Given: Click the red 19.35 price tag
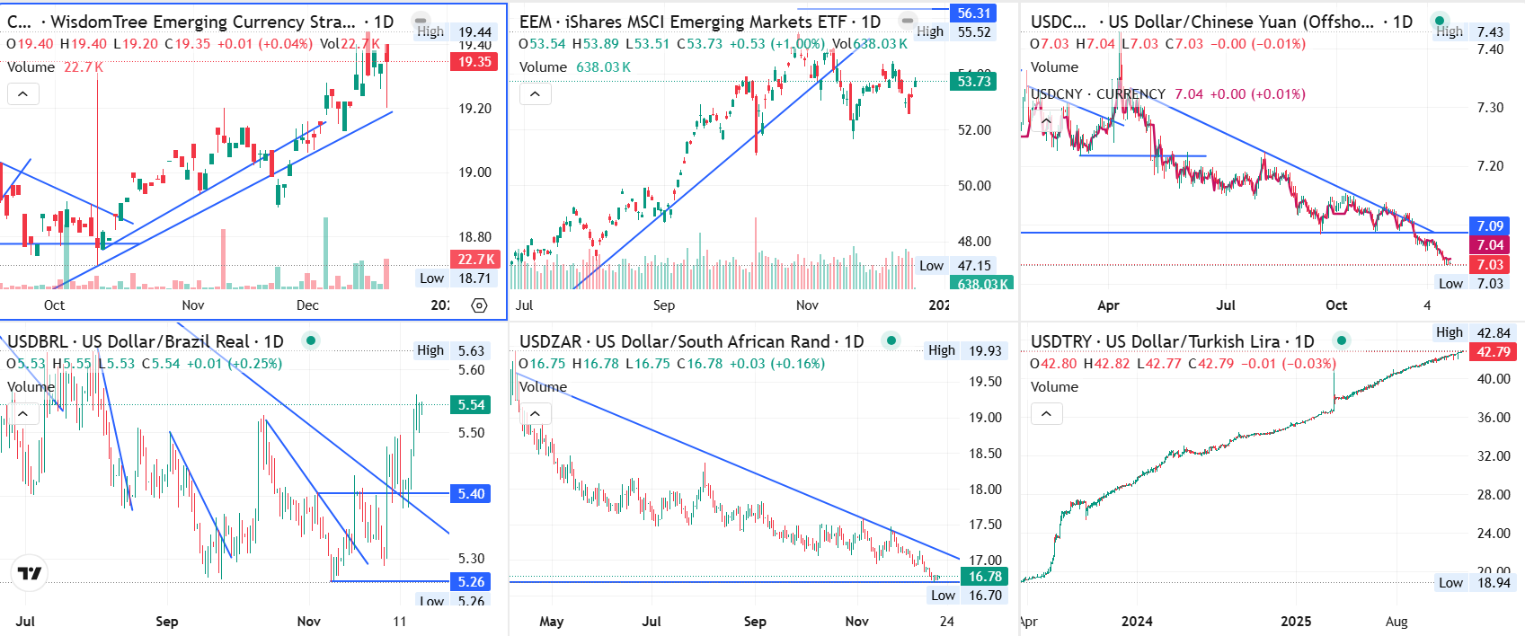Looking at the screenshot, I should pos(474,62).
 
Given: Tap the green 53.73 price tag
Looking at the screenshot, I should pos(973,82).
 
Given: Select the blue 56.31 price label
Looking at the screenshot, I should pos(973,13).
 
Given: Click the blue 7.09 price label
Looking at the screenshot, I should pos(1490,226).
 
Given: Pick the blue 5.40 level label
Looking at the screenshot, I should pos(471,493).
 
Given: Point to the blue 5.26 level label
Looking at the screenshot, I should pos(471,581).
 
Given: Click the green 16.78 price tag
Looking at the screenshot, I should pos(985,577).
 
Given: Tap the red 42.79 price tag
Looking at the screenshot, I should pos(1494,352).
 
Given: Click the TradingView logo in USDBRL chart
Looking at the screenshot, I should pos(30,573).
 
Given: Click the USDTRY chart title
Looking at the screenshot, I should pos(1172,341).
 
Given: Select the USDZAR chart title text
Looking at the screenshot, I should pos(691,341).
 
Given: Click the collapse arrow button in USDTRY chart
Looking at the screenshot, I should pos(1046,413).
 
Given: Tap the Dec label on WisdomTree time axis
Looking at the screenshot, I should pos(307,305).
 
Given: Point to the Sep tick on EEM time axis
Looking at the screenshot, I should pos(663,305).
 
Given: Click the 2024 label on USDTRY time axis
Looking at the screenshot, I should pos(1137,622).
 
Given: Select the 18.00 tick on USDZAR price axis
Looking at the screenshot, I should pos(985,490).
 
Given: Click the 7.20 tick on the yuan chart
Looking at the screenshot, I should pos(1490,166).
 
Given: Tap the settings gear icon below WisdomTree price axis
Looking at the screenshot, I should pos(479,305).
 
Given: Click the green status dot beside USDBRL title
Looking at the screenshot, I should pos(310,340).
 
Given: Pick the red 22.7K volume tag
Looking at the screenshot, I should pos(474,260).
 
